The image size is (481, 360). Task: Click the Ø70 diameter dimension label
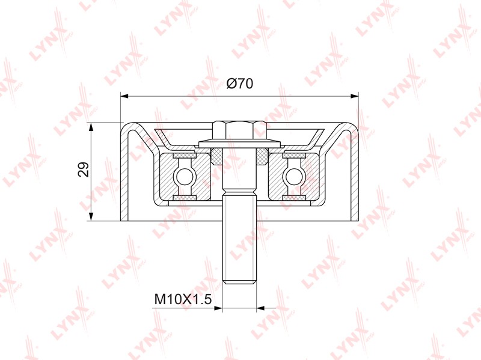[x=239, y=84]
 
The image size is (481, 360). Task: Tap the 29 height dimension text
[x=84, y=169]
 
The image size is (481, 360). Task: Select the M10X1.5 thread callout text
[x=183, y=299]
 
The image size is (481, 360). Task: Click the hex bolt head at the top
[x=239, y=130]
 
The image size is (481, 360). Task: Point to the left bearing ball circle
[x=184, y=176]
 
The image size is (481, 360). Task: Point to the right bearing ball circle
[x=294, y=176]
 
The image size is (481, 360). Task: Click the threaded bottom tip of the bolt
[x=239, y=281]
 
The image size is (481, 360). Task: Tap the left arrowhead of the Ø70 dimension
[x=124, y=96]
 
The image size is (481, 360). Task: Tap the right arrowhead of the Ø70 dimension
[x=354, y=96]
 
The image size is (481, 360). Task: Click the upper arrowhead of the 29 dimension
[x=91, y=127]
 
